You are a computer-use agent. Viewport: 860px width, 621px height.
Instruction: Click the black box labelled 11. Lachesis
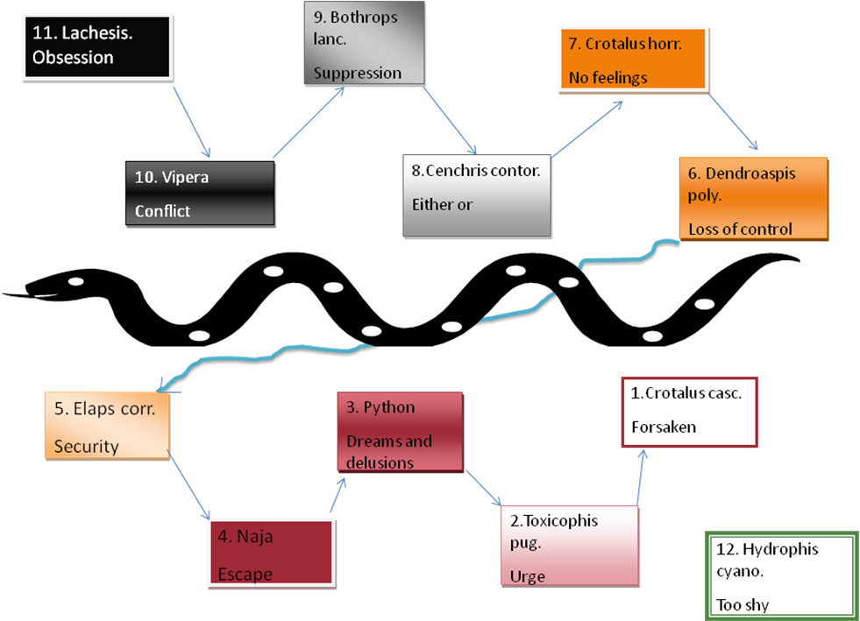(96, 46)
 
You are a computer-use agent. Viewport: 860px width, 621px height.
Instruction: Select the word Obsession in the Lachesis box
(73, 58)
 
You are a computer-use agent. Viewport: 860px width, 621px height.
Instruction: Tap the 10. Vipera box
(200, 194)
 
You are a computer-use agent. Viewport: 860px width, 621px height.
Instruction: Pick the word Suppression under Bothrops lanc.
(357, 73)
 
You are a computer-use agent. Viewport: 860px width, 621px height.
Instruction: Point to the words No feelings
(608, 78)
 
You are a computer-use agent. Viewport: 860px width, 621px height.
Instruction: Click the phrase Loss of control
(740, 229)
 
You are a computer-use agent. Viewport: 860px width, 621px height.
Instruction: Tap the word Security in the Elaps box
(86, 447)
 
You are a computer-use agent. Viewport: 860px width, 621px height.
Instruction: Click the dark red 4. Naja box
(272, 552)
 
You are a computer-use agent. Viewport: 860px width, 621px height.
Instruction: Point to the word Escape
(245, 575)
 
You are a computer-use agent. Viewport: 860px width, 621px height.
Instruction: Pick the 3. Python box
(400, 432)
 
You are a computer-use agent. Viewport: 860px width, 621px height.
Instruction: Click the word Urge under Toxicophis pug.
(527, 576)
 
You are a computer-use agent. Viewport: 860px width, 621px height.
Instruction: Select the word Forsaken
(663, 427)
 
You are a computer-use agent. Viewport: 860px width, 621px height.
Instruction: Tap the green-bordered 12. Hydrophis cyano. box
(779, 575)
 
